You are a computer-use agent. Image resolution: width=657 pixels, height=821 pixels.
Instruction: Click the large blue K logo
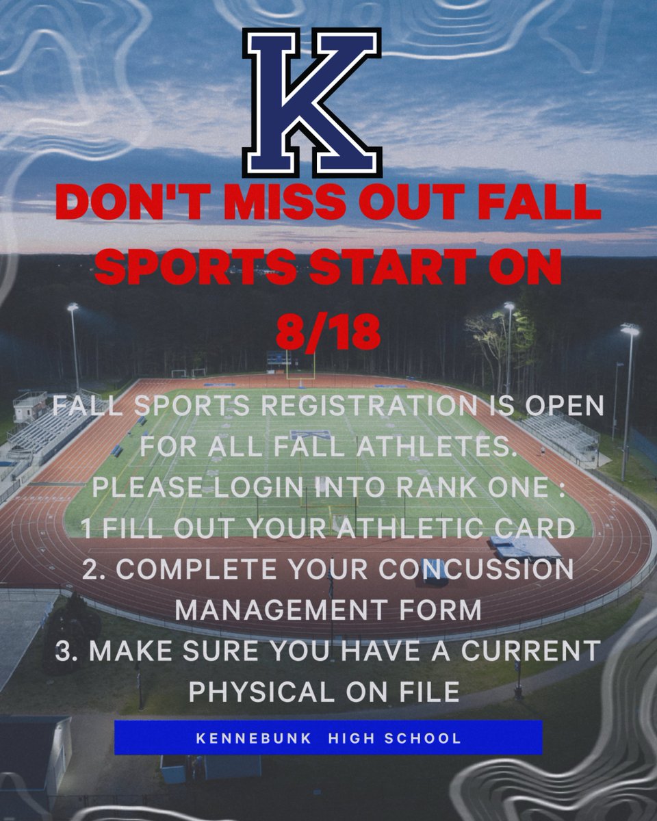[x=312, y=101]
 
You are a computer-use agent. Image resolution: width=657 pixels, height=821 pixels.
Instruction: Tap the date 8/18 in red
[x=328, y=333]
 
